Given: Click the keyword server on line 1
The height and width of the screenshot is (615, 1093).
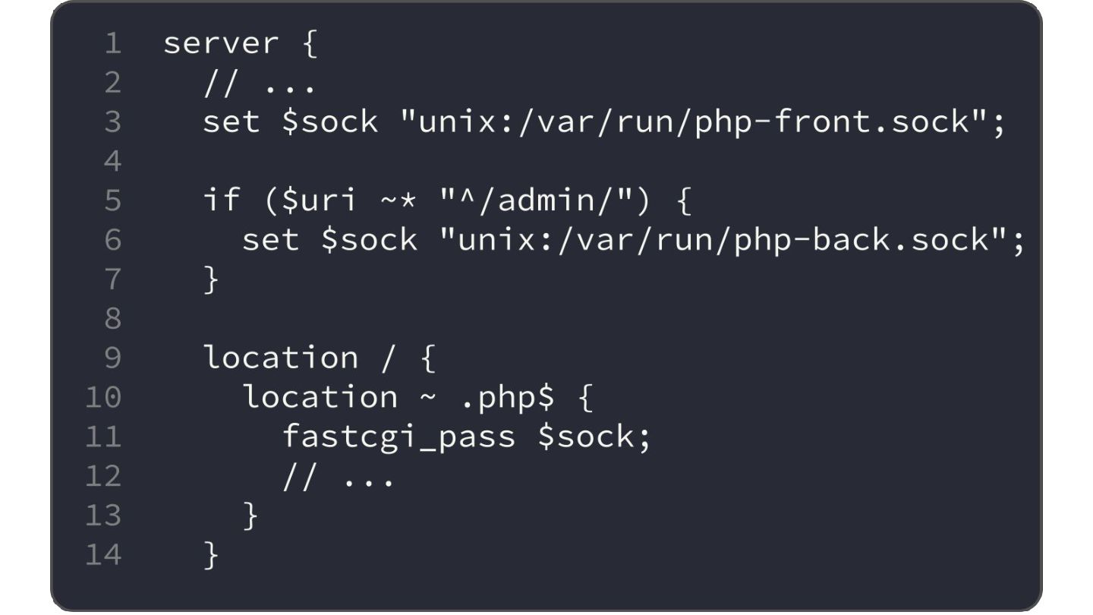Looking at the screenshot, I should point(220,44).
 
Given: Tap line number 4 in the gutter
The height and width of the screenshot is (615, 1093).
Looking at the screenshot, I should point(112,161).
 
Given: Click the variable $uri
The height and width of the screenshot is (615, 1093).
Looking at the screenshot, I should point(319,200).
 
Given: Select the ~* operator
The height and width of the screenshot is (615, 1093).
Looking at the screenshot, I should point(398,200).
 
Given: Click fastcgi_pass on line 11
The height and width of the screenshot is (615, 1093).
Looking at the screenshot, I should point(398,437).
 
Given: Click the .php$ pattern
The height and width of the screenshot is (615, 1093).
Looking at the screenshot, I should point(507,397).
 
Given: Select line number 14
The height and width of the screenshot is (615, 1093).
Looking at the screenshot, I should point(102,555).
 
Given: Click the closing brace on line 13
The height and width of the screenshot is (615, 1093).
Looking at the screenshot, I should point(250,516).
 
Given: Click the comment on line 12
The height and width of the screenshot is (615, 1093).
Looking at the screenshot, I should point(339,477).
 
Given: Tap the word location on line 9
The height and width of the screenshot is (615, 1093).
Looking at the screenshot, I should point(280,358).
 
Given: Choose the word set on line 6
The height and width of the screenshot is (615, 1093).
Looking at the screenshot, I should point(270,240).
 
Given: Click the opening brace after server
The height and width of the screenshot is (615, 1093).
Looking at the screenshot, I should point(310,44).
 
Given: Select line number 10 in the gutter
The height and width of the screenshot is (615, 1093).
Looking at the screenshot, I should point(102,397).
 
